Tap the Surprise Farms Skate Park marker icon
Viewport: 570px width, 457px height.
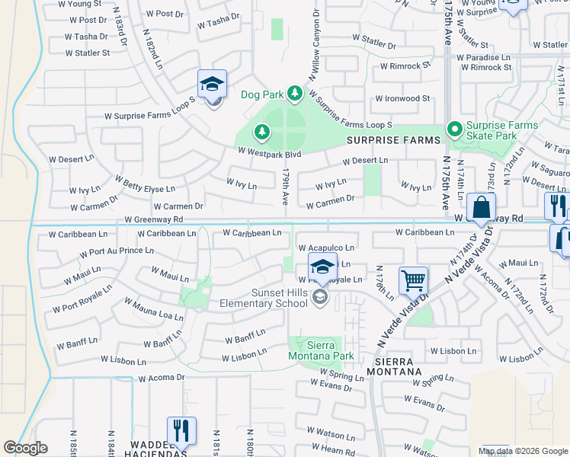pos(455,129)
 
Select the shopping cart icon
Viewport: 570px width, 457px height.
pos(413,280)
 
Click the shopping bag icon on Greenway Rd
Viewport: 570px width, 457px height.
pos(482,207)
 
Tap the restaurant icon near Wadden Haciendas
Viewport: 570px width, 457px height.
pos(181,430)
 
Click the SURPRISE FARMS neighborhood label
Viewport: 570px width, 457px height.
pos(393,141)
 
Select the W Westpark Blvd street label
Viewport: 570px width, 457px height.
pos(269,153)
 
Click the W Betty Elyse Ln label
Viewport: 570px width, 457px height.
pos(145,184)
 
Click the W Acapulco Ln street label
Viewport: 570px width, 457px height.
pos(326,248)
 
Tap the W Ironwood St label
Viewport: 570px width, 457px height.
pos(402,99)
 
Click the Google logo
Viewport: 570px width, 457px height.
pos(25,448)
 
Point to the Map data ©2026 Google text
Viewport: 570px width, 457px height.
pos(522,451)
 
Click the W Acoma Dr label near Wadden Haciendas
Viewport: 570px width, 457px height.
pos(161,377)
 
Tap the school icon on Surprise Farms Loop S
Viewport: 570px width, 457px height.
pos(213,85)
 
